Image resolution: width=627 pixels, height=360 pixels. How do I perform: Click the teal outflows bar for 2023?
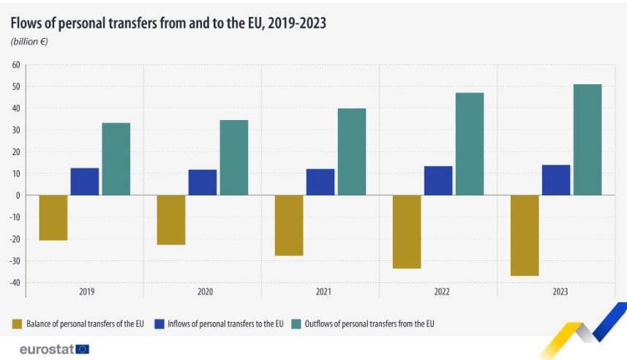587,140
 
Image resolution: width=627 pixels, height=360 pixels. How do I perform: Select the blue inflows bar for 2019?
85,181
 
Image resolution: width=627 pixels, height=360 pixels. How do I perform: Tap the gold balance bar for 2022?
407,231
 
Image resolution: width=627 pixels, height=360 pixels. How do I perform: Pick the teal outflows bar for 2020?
233,157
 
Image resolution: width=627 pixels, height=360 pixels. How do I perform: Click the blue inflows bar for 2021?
320,182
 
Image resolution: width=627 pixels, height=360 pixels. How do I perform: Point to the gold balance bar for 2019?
53,217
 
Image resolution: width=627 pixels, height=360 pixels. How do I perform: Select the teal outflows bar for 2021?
351,151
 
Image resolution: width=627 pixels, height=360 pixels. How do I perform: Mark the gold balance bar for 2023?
525,235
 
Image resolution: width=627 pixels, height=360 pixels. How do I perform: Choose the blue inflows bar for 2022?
438,181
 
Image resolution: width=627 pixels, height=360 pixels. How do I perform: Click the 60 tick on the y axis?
15,65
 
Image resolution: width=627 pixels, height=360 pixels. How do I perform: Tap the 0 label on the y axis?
17,195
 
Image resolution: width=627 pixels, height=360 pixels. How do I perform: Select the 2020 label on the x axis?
204,291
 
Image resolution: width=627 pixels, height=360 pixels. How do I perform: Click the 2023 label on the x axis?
557,291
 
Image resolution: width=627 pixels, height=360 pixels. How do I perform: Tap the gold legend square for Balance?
16,323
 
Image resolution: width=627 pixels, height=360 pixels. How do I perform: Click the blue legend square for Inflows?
157,323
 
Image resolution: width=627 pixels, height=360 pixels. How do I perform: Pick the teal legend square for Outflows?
298,323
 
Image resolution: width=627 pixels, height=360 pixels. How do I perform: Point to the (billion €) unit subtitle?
29,42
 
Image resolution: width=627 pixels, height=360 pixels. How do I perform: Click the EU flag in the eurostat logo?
82,348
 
